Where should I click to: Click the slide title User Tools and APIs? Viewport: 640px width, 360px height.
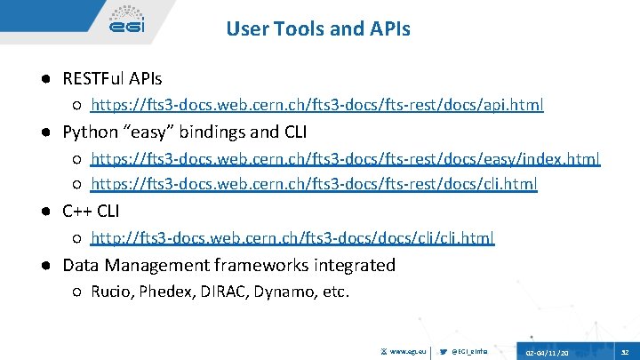318,29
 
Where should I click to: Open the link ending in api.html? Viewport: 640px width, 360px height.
317,106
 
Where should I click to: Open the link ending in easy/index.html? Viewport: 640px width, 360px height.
346,159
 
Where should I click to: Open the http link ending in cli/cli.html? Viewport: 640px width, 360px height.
292,238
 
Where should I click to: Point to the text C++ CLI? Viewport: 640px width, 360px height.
91,212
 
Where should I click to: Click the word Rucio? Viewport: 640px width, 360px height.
111,292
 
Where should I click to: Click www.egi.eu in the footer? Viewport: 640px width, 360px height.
405,351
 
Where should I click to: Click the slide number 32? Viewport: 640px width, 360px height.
626,351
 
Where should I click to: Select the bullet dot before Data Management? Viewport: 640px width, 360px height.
44,265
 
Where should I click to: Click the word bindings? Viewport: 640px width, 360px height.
205,133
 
